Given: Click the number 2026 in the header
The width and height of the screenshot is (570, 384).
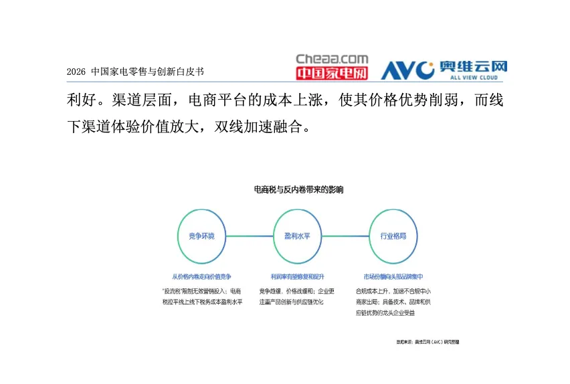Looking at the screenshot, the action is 77,71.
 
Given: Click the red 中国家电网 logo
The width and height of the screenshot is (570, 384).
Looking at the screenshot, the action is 332,72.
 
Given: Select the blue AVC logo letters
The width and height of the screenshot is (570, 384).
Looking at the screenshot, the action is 408,70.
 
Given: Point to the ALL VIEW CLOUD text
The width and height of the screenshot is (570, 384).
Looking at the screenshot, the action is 474,77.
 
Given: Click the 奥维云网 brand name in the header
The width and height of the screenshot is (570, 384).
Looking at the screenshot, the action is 474,66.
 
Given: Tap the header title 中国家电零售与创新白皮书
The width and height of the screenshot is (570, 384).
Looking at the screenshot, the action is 147,71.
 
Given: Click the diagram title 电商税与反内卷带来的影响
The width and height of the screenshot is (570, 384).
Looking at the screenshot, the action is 298,190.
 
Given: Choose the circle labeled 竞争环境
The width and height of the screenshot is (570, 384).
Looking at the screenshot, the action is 201,236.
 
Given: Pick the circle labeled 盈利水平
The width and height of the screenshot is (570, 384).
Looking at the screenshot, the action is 297,236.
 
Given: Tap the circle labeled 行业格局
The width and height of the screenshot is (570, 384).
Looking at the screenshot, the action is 393,236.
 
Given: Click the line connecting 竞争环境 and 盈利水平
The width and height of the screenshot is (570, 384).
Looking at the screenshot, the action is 250,236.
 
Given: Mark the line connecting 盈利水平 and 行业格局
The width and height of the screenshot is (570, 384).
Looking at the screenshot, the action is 345,236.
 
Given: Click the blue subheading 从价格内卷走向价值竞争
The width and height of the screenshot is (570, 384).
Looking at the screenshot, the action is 201,276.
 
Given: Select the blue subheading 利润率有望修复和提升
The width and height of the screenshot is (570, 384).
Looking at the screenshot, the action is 297,276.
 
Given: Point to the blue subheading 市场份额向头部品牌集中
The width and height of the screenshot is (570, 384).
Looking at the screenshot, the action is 393,276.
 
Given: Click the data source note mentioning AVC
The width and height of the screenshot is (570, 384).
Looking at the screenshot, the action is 427,342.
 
